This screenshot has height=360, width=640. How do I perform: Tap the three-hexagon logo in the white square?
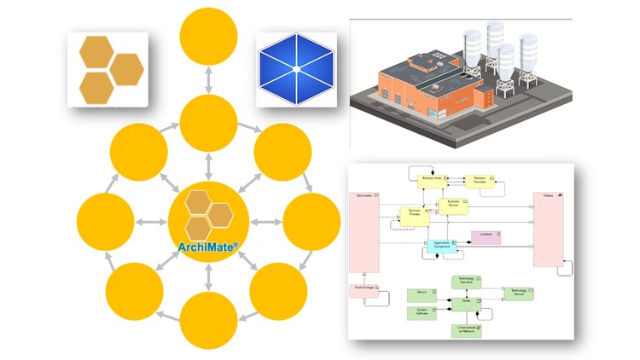[x=108, y=68]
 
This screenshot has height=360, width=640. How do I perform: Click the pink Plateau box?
[x=548, y=230]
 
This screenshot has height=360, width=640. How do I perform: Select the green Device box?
[x=422, y=293]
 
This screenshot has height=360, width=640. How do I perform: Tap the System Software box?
[x=422, y=312]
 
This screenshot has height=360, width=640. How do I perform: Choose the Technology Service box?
[x=518, y=293]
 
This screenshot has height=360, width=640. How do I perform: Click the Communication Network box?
[x=466, y=330]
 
